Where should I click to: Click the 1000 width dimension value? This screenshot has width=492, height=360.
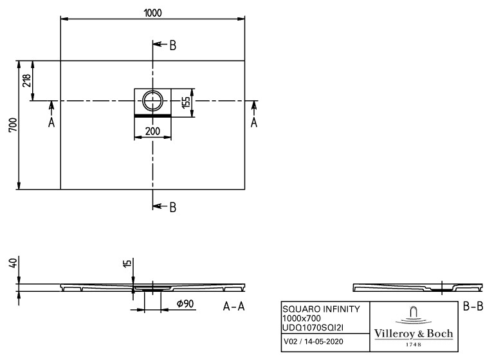point(153,13)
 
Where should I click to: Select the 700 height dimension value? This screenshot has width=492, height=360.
point(13,125)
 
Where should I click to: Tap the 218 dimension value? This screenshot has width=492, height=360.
point(26,80)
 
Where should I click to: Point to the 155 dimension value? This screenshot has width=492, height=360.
point(186,103)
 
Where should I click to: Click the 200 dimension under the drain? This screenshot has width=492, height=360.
point(153,131)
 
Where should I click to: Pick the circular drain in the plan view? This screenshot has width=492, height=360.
point(153,101)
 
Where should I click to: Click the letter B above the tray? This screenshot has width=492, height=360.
point(173,46)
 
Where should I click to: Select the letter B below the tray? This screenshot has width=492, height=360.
point(173,207)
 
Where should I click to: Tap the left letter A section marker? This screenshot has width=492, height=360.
point(51,122)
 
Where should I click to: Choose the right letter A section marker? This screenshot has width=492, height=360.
point(254,122)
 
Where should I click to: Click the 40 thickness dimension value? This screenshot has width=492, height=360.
point(13,262)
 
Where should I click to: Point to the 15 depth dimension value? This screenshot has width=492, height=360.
point(127,263)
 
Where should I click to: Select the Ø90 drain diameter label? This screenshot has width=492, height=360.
point(185,303)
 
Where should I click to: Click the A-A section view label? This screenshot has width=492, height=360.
point(233,307)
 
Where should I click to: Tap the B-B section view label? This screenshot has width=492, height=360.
point(473,307)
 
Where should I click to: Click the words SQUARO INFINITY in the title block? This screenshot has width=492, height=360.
point(321,309)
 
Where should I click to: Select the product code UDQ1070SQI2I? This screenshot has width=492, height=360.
point(313,328)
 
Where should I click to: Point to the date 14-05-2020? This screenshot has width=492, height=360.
point(323,341)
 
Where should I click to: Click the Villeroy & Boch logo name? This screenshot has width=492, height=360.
point(414,334)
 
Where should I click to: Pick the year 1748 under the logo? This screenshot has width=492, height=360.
point(414,345)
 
